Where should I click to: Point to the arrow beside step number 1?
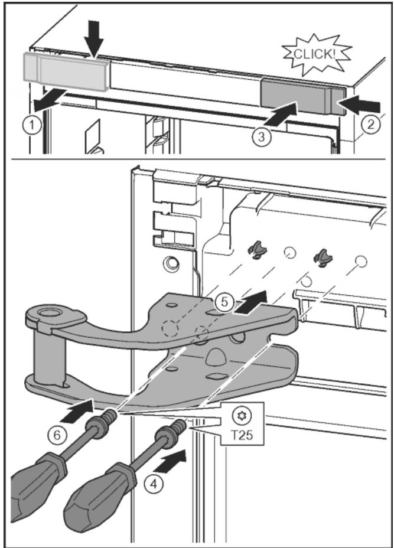pos(47,103)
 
